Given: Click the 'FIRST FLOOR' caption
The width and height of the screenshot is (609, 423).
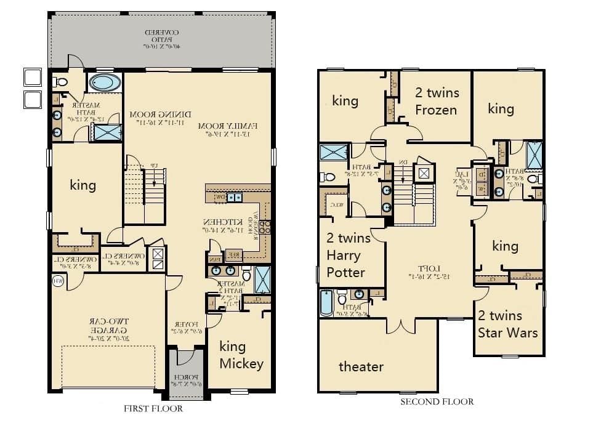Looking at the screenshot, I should (153, 408).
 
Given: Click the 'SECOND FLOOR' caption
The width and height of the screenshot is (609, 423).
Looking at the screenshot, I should (437, 401).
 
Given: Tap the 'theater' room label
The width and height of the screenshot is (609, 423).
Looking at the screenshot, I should (361, 366).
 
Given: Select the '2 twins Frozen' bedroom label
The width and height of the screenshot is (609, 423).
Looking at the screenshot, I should (436, 102).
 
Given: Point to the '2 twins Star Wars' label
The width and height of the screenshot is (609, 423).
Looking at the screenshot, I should (508, 324).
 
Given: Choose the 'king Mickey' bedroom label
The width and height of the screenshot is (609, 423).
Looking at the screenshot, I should (241, 355).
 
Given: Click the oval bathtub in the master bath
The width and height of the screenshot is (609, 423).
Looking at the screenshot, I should (105, 83).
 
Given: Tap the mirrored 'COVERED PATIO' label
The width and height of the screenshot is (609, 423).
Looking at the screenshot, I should (161, 38).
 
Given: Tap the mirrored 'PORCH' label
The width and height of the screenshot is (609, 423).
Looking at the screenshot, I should (185, 380).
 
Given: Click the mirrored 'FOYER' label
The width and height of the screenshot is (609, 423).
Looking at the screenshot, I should (185, 327).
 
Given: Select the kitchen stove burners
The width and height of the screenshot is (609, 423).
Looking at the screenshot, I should (267, 226).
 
